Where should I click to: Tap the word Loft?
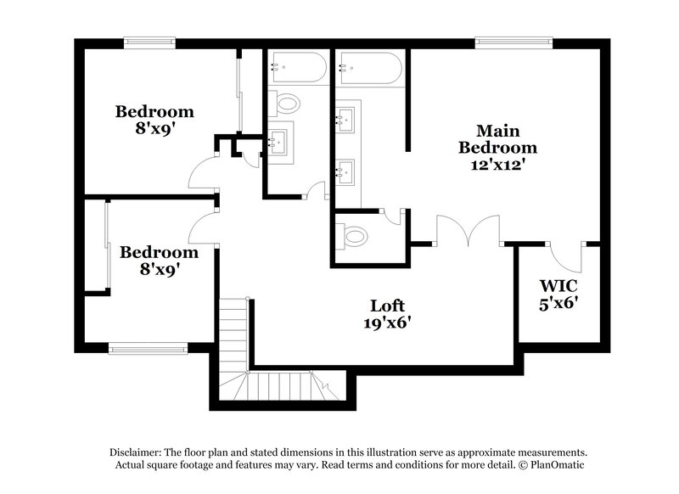[386, 306]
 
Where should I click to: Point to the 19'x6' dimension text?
[386, 323]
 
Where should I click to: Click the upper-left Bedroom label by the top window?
[154, 111]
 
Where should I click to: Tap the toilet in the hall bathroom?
[288, 104]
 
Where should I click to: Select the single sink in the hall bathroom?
[279, 141]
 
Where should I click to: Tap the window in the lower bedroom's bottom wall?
[148, 347]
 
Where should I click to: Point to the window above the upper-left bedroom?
[149, 40]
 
